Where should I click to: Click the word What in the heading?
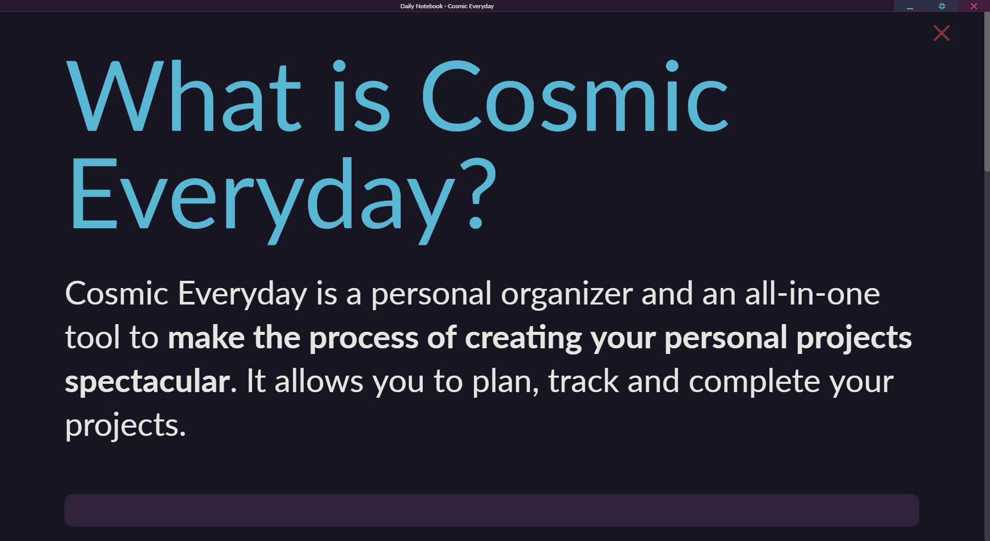184,97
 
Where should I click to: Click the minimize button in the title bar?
910,6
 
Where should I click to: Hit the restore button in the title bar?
942,6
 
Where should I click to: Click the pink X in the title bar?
974,6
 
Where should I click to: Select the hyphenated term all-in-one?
812,294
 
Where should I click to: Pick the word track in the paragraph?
583,381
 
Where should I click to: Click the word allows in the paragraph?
319,381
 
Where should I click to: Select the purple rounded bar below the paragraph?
492,510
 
